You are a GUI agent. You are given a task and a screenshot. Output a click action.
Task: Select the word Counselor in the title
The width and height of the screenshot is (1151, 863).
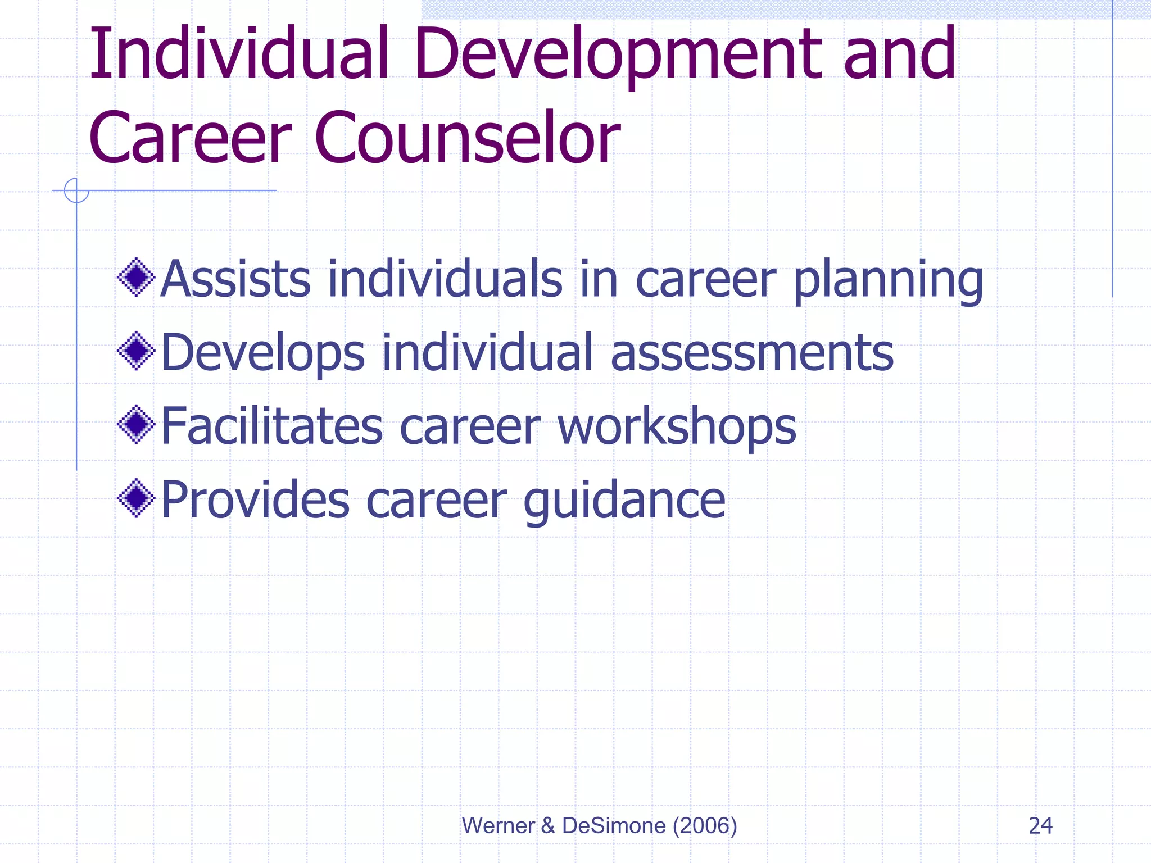[466, 138]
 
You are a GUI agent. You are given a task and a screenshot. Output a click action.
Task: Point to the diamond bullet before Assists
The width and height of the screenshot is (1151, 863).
[136, 277]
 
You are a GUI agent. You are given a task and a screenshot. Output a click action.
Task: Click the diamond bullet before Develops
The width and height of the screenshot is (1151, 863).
[136, 351]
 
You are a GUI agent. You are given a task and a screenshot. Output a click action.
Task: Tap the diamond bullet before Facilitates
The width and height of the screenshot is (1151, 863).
[136, 425]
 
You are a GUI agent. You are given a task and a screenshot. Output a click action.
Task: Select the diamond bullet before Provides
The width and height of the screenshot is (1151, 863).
[136, 498]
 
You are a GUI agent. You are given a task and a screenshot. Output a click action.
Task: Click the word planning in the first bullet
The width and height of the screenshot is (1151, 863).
[888, 281]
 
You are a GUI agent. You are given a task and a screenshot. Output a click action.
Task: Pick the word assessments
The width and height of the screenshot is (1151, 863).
[751, 353]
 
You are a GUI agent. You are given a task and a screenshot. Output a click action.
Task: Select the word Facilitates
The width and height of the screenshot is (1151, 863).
[272, 426]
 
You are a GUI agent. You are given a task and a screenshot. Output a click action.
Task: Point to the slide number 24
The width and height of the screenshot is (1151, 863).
[1040, 826]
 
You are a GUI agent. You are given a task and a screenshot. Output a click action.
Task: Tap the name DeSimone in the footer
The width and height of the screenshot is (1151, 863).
[614, 826]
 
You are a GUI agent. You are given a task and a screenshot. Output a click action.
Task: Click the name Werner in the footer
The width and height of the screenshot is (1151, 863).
[498, 826]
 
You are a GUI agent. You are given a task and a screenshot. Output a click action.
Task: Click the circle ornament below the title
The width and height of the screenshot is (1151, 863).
[76, 190]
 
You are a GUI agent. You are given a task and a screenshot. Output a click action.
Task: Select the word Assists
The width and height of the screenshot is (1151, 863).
[235, 279]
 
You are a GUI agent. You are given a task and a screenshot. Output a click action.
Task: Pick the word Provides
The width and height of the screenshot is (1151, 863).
[255, 500]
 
